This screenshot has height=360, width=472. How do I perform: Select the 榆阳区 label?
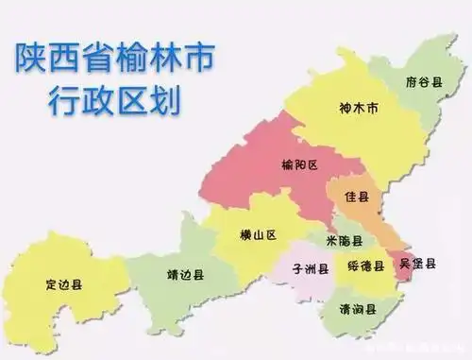(299, 165)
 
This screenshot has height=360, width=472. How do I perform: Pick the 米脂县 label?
(341, 242)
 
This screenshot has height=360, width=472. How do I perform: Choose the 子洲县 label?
(311, 267)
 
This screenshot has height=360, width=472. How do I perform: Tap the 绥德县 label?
(365, 266)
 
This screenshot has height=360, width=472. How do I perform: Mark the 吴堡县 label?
(416, 263)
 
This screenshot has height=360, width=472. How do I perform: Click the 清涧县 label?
(359, 308)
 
